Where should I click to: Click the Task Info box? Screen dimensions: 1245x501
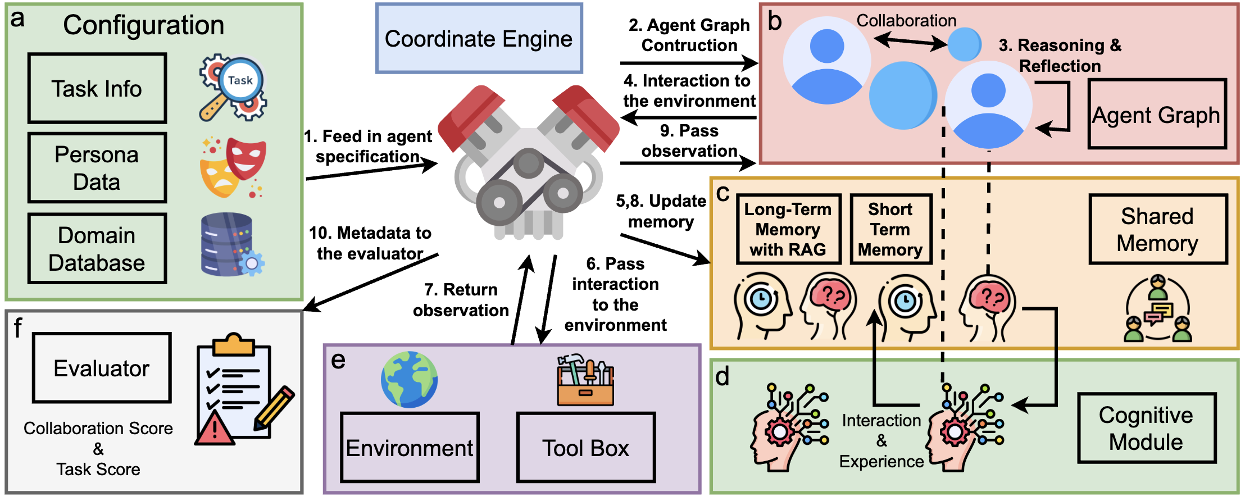(97, 88)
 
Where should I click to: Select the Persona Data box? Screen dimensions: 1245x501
(97, 168)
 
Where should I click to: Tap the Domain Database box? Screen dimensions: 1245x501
(97, 248)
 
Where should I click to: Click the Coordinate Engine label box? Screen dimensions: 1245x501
(479, 38)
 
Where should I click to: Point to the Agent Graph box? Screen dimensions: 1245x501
(1157, 114)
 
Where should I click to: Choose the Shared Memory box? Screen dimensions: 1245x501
(1158, 229)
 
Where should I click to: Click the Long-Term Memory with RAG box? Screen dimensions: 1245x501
(788, 229)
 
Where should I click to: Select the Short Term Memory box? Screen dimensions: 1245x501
(890, 229)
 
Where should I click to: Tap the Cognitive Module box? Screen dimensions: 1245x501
(1147, 428)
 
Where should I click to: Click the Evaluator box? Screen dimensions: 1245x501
(102, 368)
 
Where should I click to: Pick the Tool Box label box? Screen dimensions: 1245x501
(586, 448)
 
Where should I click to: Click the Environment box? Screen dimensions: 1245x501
(410, 448)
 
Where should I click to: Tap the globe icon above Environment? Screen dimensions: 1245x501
(409, 379)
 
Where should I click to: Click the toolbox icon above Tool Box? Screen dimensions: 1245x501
(585, 380)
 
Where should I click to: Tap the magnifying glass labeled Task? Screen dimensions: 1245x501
(233, 88)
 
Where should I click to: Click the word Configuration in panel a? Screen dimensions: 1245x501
(144, 25)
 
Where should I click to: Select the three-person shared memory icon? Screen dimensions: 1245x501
(1158, 308)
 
